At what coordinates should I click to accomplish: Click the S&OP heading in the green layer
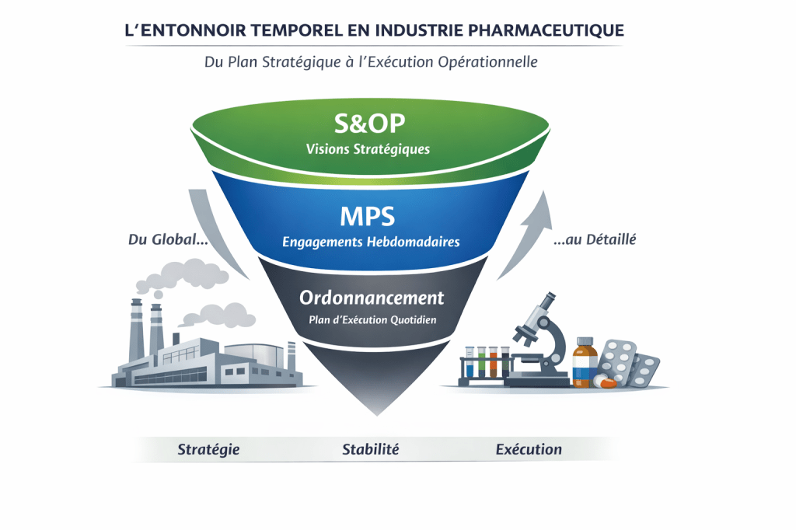click(370, 124)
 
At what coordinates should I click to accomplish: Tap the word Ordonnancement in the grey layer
click(372, 298)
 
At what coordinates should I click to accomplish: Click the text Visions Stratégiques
click(369, 149)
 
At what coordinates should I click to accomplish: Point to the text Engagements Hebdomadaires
click(371, 242)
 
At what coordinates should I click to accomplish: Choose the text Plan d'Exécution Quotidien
click(371, 320)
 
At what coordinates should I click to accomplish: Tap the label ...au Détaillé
click(595, 240)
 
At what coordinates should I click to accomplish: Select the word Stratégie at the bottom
click(208, 449)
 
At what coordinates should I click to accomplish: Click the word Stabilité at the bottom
click(371, 449)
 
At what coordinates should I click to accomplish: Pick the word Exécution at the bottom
click(529, 449)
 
